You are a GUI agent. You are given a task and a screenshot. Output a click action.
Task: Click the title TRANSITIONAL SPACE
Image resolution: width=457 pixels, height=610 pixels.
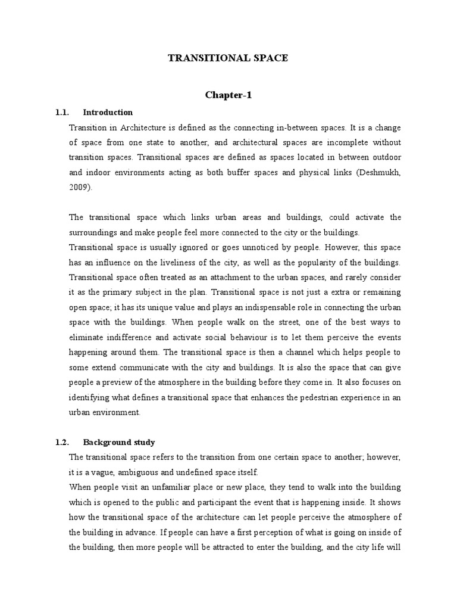pos(228,58)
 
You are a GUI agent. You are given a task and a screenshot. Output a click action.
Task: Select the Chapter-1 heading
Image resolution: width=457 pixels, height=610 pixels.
pos(228,95)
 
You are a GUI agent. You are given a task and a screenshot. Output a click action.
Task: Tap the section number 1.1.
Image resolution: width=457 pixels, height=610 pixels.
pos(62,112)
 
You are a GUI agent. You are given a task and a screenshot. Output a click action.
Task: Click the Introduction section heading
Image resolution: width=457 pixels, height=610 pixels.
pos(108,112)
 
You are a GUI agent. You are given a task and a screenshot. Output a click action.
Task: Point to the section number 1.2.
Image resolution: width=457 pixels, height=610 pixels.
pos(62,442)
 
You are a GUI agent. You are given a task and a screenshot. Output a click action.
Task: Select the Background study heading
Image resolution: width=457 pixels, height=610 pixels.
pos(119,442)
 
